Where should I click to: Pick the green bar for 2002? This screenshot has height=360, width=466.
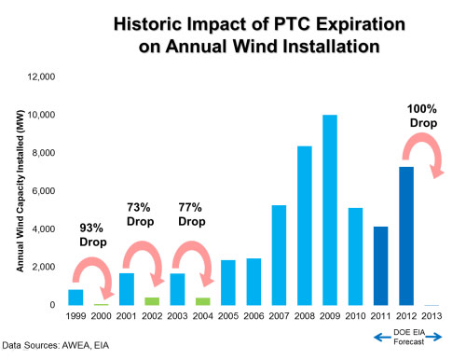pyautogui.click(x=152, y=301)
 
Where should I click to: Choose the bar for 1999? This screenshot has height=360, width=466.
pyautogui.click(x=76, y=298)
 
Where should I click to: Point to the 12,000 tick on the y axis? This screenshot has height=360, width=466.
pyautogui.click(x=41, y=76)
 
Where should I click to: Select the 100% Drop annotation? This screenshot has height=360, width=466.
pyautogui.click(x=423, y=117)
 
